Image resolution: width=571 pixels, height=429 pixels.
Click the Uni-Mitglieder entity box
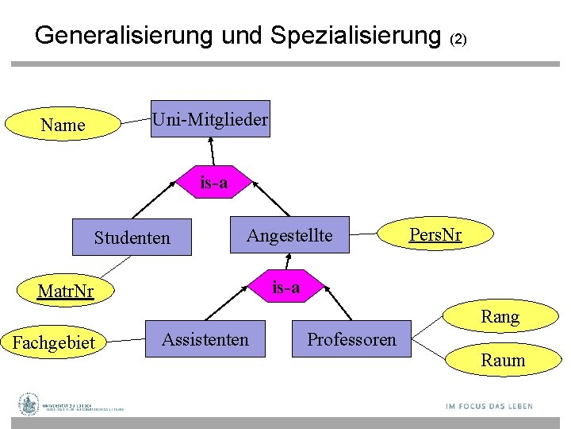(x=210, y=120)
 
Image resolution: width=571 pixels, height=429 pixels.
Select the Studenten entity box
(x=132, y=238)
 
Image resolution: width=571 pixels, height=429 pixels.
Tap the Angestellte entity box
(x=289, y=235)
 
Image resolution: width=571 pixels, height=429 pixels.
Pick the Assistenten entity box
(x=205, y=340)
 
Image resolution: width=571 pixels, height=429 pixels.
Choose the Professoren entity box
(x=351, y=340)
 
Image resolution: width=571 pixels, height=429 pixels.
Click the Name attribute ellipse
(x=63, y=125)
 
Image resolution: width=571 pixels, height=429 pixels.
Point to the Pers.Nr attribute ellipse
(x=435, y=235)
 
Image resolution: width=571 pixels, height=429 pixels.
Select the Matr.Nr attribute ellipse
(x=66, y=292)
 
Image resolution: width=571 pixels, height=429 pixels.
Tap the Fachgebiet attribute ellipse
(x=53, y=343)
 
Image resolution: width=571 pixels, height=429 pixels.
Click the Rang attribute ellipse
(x=500, y=318)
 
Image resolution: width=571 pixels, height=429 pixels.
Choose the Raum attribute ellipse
(x=503, y=361)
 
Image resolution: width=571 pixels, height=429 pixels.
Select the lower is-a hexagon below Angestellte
(x=286, y=287)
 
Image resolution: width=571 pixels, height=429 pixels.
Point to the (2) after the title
(x=459, y=38)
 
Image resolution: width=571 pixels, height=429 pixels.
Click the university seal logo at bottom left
(x=30, y=404)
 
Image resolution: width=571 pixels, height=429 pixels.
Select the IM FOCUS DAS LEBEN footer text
(x=489, y=407)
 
